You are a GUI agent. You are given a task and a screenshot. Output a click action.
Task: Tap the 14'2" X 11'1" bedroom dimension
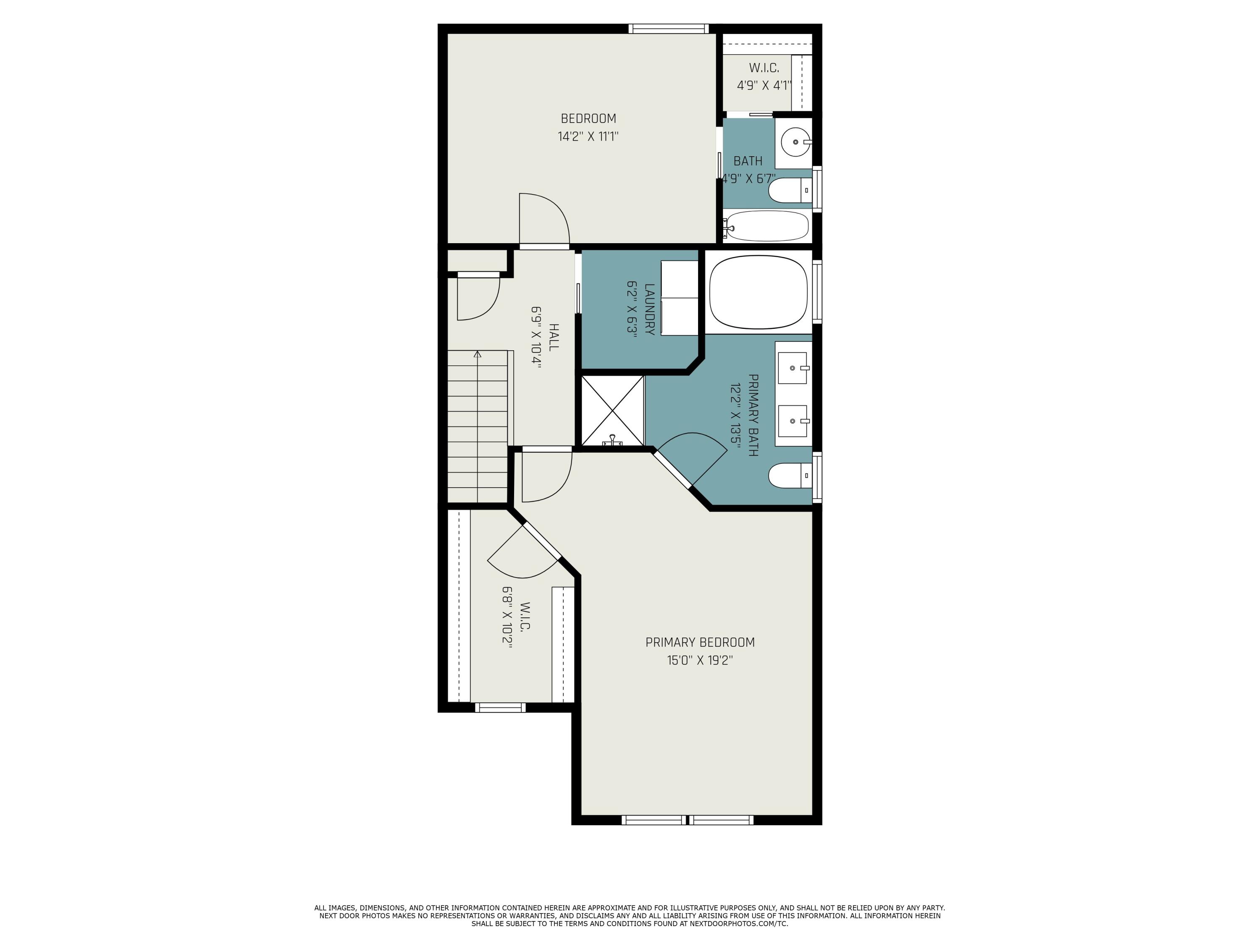coord(588,136)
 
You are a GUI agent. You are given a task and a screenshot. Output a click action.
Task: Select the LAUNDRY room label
coord(649,309)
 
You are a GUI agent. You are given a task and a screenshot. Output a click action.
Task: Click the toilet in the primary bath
coord(788,475)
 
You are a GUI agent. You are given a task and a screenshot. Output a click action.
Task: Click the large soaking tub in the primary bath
coord(758,291)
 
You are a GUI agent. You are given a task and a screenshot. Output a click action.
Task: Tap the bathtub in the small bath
coord(766,226)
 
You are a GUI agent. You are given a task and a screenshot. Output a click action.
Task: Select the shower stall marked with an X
coord(612,410)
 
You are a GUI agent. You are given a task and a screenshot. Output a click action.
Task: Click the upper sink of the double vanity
coord(793,368)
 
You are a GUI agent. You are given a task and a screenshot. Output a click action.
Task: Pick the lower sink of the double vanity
coord(793,421)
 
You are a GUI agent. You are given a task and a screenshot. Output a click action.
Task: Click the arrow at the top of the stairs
coord(478,354)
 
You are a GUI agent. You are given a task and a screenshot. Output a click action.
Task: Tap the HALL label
coord(553,337)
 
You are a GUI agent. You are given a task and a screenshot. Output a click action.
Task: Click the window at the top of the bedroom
coord(668,29)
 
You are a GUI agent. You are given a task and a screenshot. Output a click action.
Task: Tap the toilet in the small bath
coord(788,190)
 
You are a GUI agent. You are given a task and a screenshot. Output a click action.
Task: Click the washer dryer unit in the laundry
coord(679,298)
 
